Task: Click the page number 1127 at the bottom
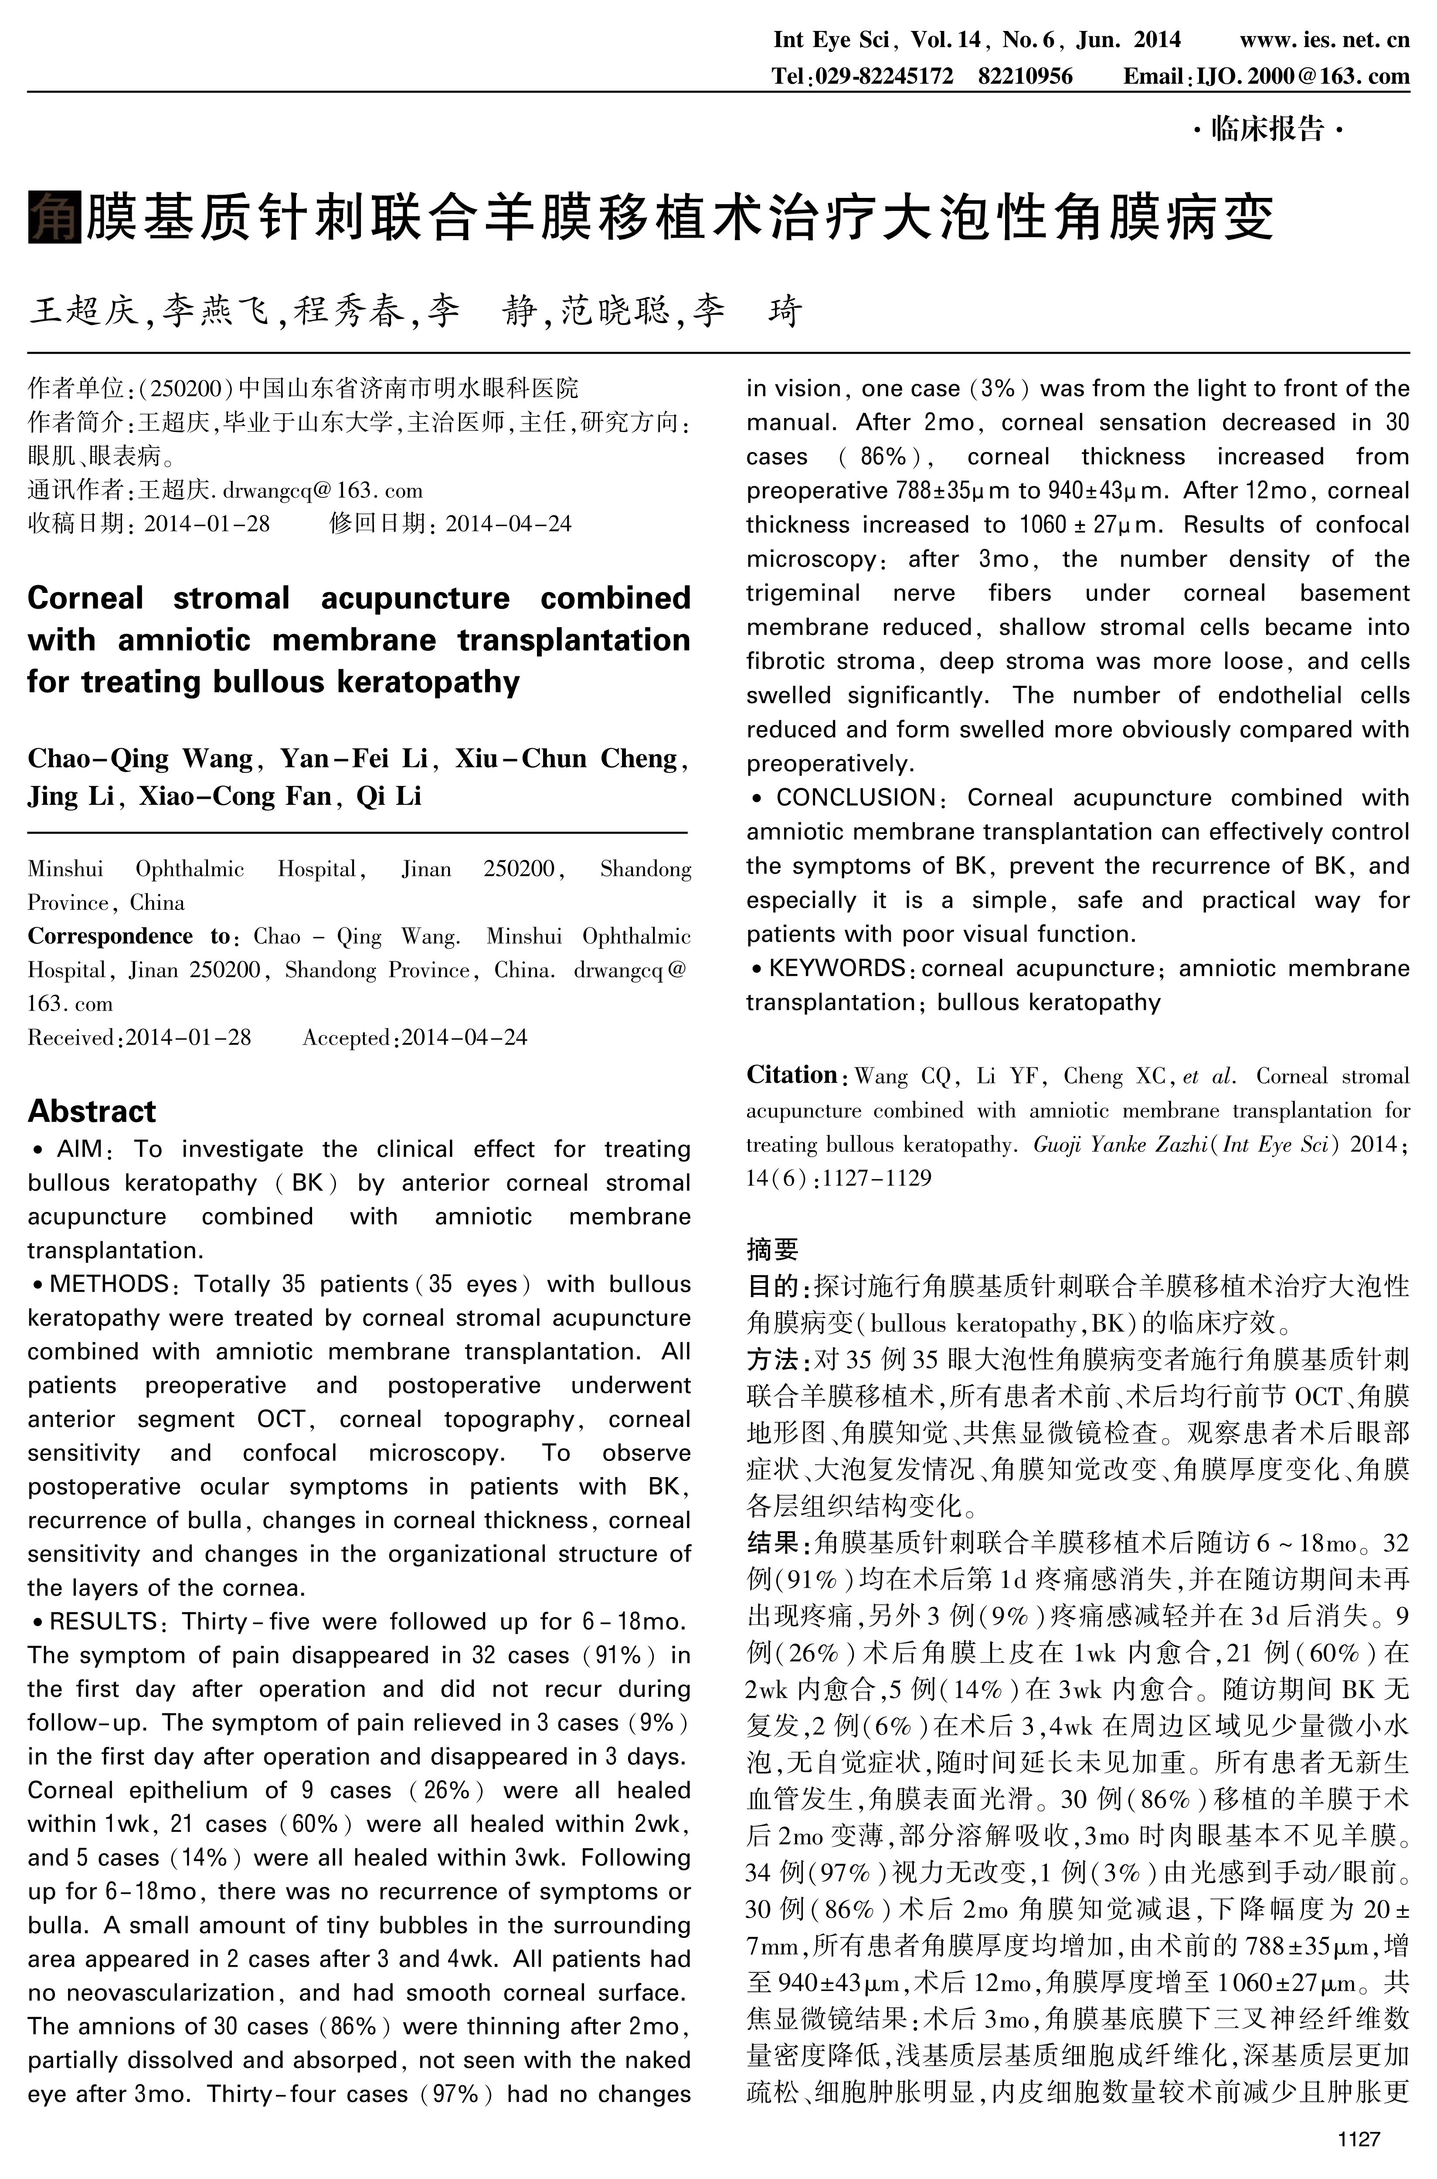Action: click(1358, 2138)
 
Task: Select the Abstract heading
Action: click(92, 1111)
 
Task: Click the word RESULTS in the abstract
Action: click(104, 1622)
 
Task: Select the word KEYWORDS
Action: click(837, 968)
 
